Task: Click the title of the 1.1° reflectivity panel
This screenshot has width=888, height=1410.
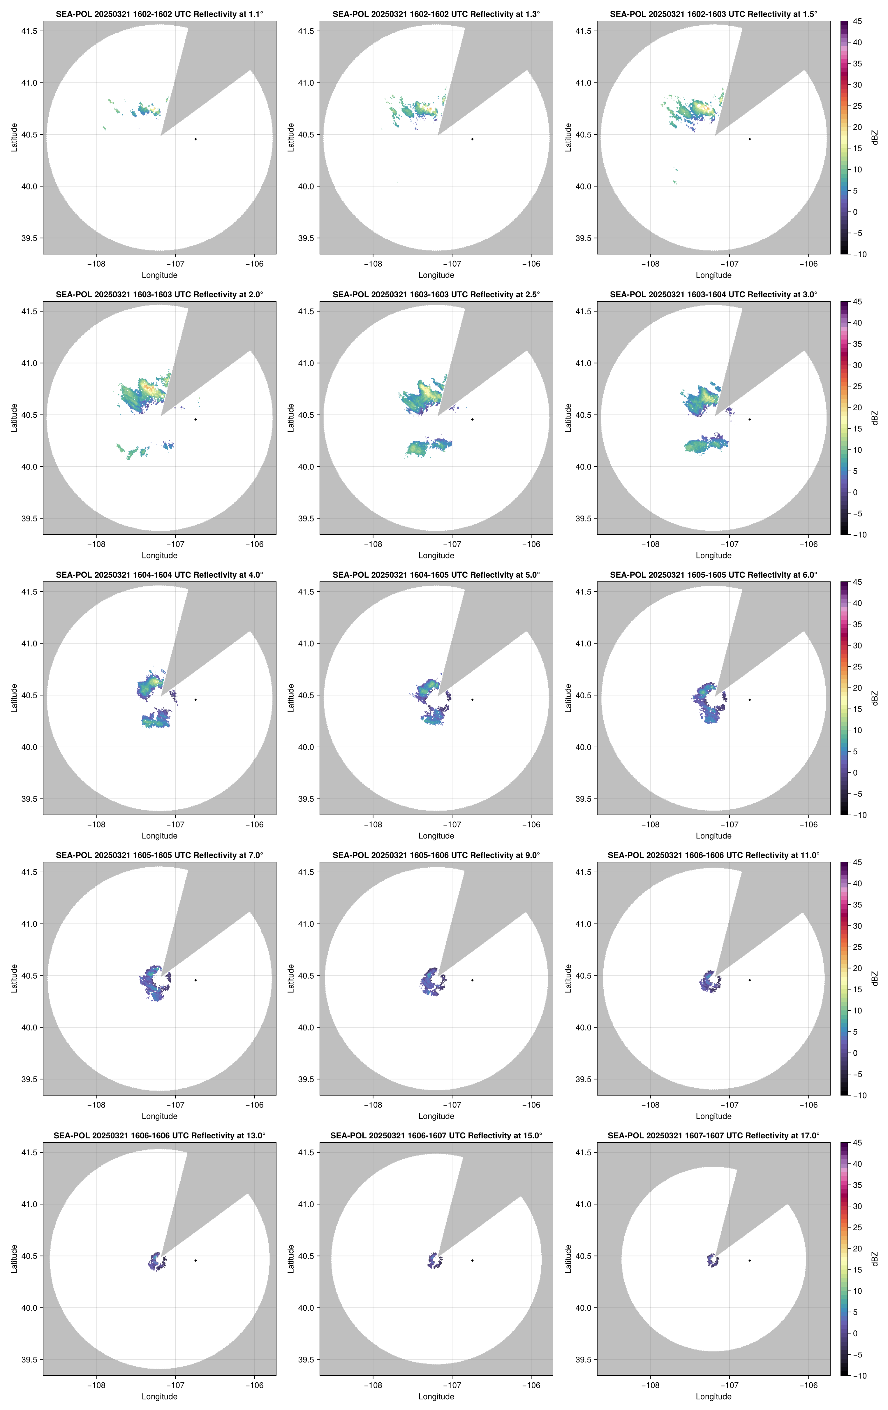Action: pos(159,14)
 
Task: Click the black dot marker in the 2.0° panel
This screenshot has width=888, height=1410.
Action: pos(195,419)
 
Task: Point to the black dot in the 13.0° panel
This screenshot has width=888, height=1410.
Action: pos(195,1260)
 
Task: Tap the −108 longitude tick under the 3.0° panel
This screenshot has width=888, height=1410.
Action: pos(650,544)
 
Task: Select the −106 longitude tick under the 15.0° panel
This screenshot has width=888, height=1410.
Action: pos(531,1386)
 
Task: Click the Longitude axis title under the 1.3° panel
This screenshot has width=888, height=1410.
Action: pos(436,275)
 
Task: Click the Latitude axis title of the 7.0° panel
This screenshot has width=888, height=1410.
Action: pos(14,978)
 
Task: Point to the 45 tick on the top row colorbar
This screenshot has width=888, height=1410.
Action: pos(857,22)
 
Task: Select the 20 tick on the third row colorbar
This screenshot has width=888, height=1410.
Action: pos(857,688)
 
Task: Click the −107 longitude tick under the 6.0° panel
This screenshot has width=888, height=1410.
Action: pos(729,824)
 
